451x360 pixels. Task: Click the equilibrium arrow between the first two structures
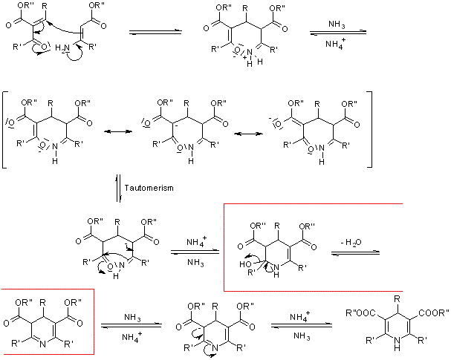(155, 33)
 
